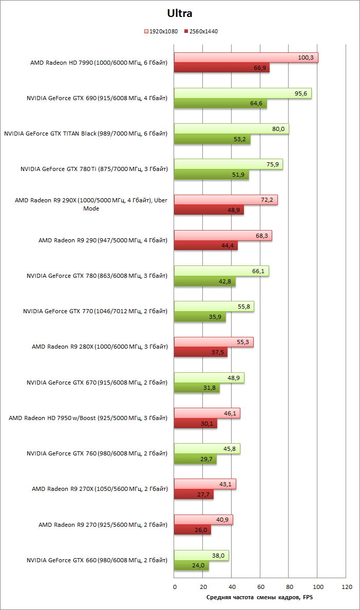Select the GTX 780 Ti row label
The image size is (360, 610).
(x=94, y=168)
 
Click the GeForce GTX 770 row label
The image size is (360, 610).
(x=96, y=311)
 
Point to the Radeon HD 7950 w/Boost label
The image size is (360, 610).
(x=88, y=417)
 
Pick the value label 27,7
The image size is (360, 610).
(x=204, y=494)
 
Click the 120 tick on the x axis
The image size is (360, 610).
(x=347, y=586)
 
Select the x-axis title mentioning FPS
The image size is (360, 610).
(x=259, y=597)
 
